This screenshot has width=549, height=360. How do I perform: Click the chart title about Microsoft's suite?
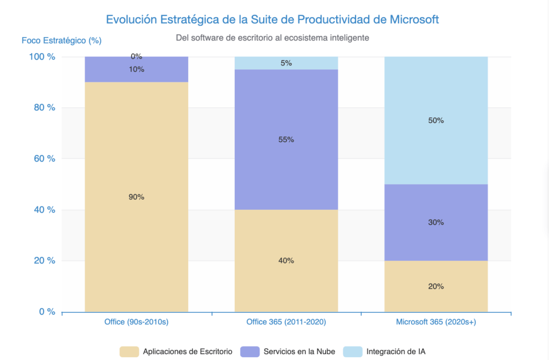click(272, 19)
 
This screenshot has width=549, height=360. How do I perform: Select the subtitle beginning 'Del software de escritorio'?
click(272, 38)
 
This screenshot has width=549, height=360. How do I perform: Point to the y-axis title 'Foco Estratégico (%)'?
click(61, 40)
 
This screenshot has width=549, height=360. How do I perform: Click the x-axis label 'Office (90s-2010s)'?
click(136, 322)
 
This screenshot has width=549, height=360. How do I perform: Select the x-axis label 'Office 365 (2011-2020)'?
click(286, 322)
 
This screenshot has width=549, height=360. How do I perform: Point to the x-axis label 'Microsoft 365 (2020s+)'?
click(435, 322)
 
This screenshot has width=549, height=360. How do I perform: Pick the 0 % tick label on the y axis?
click(47, 312)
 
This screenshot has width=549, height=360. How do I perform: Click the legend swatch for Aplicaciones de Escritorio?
click(129, 352)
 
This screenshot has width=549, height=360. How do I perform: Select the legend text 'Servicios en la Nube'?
click(299, 352)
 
